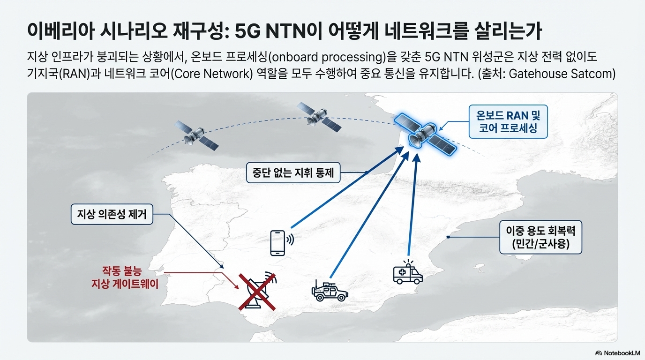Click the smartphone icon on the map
[x=277, y=242]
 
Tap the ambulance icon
[x=407, y=273]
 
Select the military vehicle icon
[x=330, y=291]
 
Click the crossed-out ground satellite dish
[x=256, y=291]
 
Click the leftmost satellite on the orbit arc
[x=196, y=135]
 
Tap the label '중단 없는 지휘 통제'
[x=293, y=172]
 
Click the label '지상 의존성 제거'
[x=112, y=214]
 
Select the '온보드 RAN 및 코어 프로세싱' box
[x=508, y=121]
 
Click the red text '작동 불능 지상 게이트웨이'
[x=121, y=277]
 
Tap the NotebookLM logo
[x=617, y=353]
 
